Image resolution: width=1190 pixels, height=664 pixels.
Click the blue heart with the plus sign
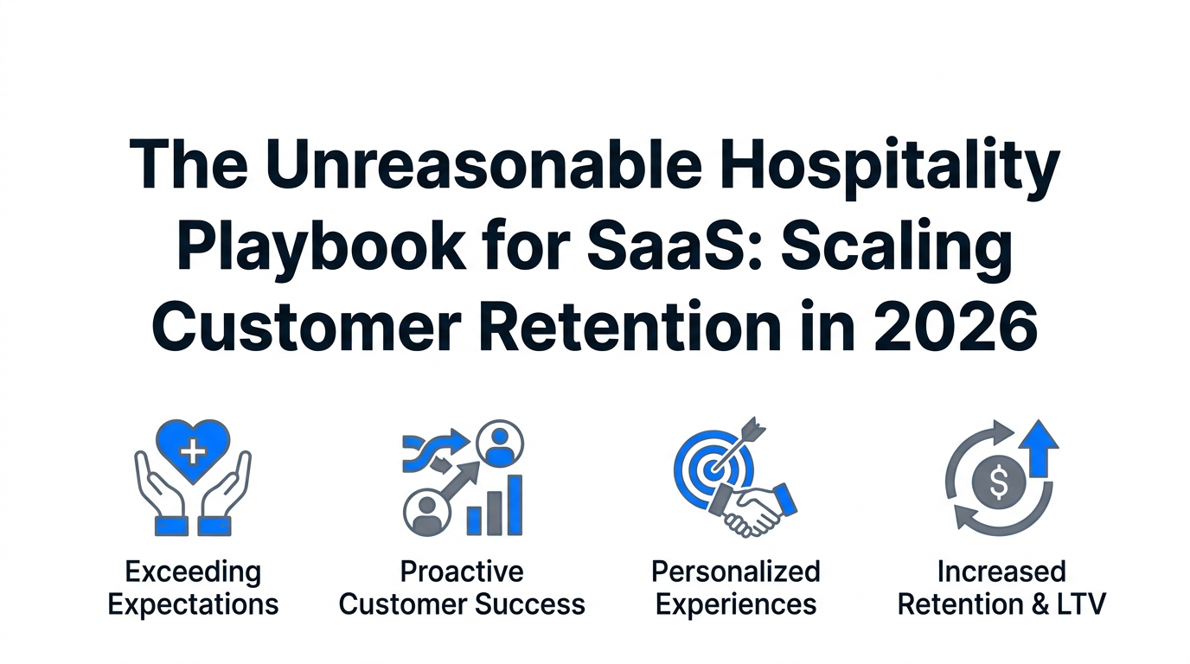(x=193, y=451)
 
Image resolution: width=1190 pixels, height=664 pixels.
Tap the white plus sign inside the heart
(x=193, y=452)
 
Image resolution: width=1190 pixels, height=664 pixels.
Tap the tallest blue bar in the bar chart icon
(x=515, y=505)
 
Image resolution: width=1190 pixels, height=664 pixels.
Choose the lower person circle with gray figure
(x=426, y=512)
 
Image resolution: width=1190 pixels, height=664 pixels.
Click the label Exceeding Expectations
(x=193, y=589)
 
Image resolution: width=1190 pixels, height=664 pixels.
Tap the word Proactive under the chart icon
(x=462, y=572)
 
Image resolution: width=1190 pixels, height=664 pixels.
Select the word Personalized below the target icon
(x=736, y=572)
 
